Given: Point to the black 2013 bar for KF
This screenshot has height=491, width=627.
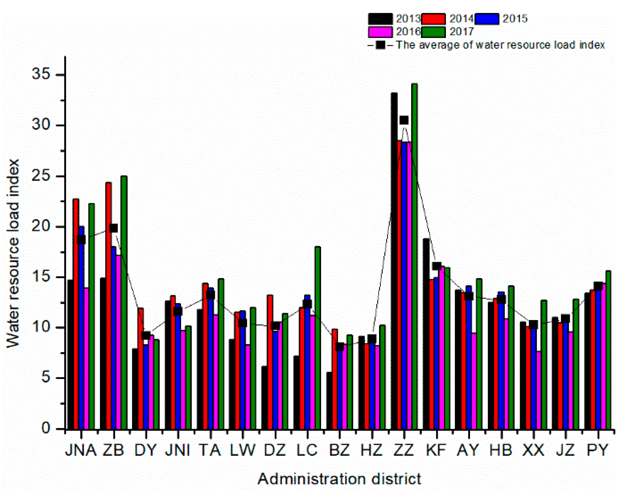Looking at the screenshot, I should (426, 333).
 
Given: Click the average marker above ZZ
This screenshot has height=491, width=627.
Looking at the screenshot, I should (404, 120).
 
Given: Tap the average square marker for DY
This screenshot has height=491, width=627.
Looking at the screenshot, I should (146, 335).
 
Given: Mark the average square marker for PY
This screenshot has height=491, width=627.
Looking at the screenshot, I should (598, 286).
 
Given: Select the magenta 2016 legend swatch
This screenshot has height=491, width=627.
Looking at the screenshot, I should (380, 32).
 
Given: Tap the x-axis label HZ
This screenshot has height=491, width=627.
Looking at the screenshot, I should (372, 450).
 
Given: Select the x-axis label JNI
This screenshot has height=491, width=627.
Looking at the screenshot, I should (178, 450).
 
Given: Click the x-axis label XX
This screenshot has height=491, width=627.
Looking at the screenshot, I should (533, 450).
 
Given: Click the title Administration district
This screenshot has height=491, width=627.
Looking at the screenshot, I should (339, 479).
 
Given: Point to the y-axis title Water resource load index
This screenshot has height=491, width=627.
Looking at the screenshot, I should (13, 253).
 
